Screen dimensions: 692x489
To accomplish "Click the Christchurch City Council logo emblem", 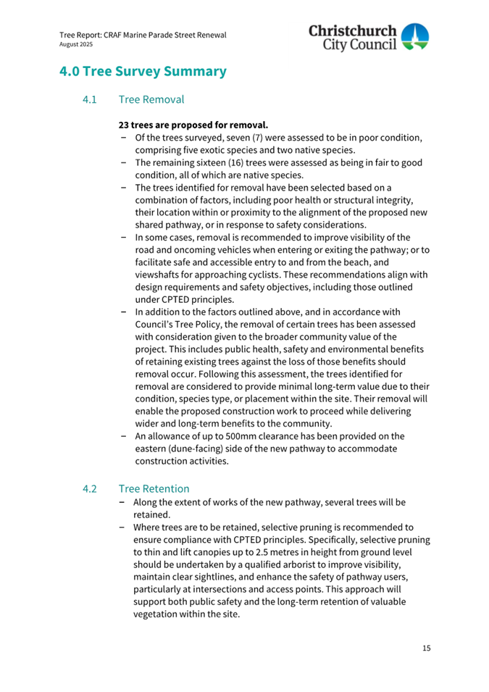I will click(415, 37).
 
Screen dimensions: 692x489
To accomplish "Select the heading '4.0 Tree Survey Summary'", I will click(143, 72).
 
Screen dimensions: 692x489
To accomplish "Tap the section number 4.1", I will click(90, 99).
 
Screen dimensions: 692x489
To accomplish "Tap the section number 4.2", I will click(91, 489).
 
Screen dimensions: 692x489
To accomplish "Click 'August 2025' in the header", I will click(71, 44).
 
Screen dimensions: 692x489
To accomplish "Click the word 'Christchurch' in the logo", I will click(354, 30).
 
